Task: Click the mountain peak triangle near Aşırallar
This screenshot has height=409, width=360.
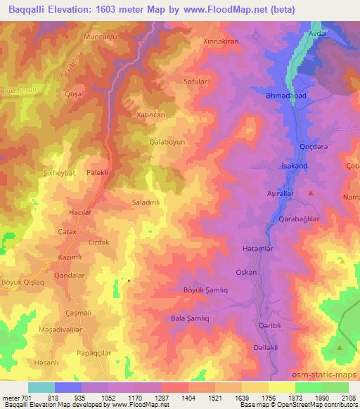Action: coord(311,192)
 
